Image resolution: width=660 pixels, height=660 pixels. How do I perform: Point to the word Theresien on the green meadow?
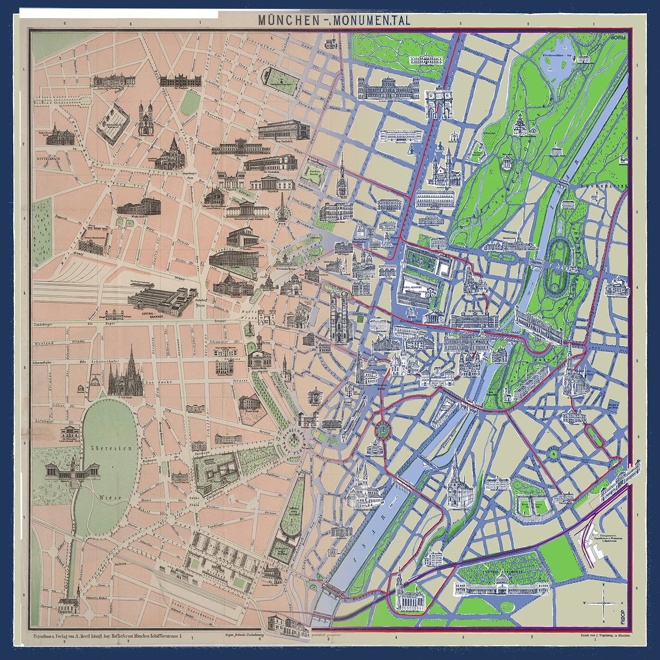click(x=108, y=448)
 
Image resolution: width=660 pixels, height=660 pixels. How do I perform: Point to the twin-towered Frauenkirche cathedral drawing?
click(x=337, y=316)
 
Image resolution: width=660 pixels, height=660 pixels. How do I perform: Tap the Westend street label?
click(x=43, y=343)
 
